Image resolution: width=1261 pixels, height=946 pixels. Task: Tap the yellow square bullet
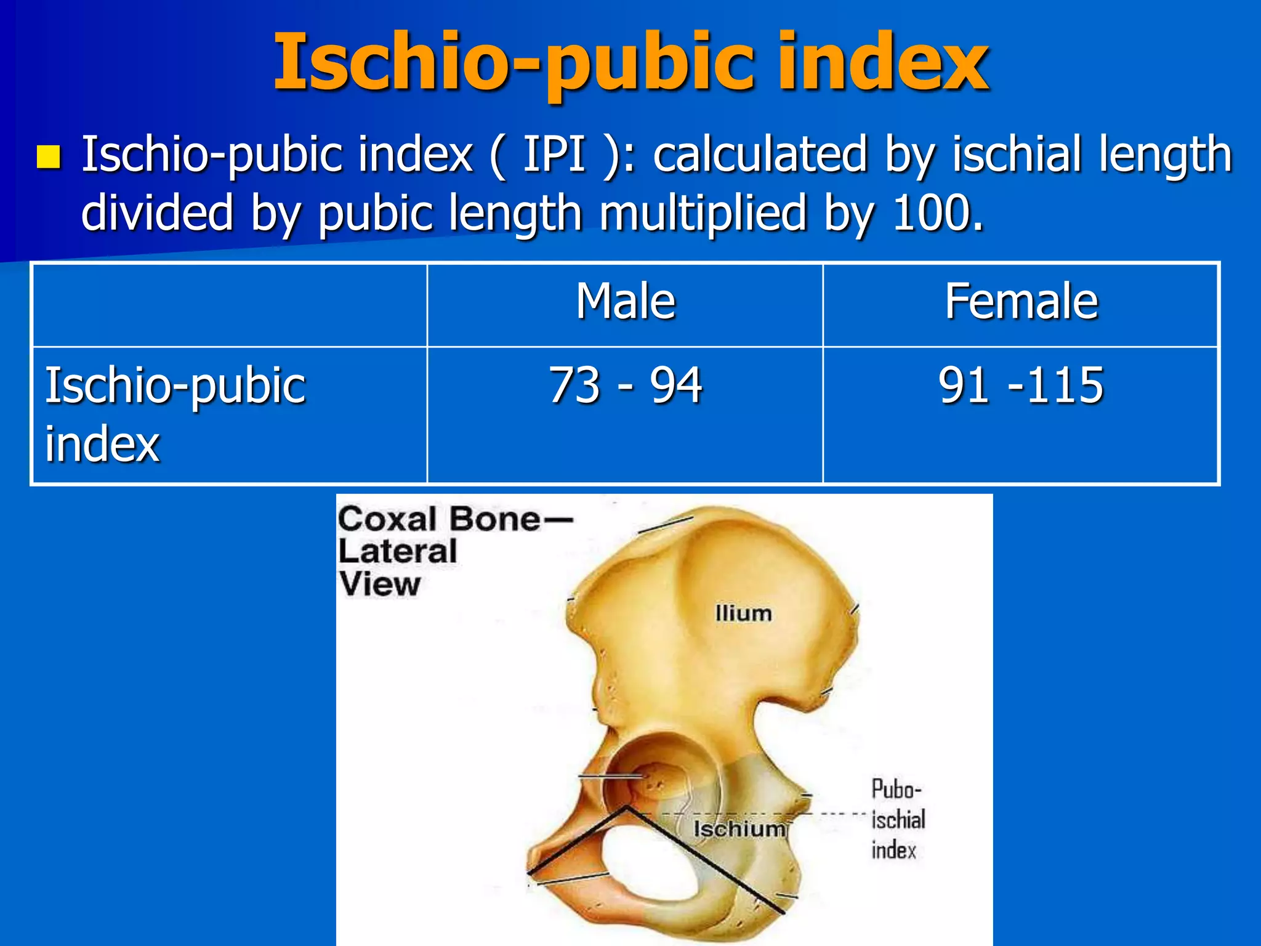49,157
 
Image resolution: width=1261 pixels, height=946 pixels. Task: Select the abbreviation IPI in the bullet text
554,155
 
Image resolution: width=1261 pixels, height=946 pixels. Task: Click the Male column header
626,302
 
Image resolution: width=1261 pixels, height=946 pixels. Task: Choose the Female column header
1021,302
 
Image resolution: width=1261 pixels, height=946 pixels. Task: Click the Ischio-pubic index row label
175,414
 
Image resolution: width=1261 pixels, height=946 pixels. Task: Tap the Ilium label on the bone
743,613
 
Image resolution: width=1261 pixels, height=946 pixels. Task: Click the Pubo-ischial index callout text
898,819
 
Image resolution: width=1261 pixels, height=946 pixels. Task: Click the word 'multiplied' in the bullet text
703,213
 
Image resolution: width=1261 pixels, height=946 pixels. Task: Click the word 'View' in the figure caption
380,584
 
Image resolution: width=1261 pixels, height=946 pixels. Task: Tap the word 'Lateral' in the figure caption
398,551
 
